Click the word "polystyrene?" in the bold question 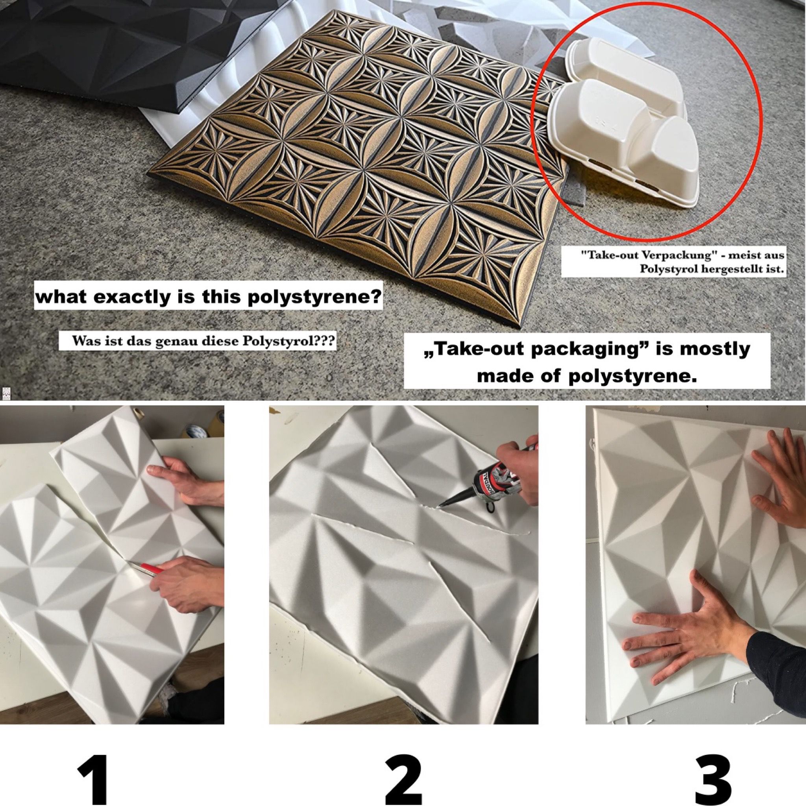(313, 298)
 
